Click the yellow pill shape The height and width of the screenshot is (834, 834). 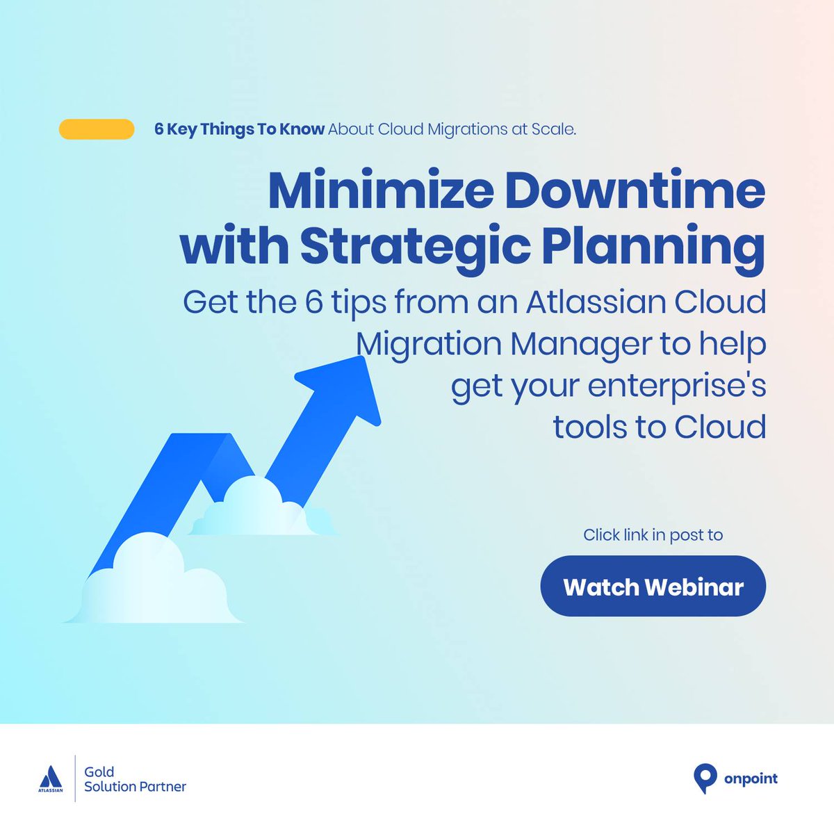97,129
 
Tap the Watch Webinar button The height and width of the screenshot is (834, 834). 653,586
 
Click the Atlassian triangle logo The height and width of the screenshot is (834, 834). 50,777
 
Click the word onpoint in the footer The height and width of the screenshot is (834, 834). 751,778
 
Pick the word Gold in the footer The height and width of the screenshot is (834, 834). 99,771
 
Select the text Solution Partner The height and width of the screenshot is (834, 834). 135,787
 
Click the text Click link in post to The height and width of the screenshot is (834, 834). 653,534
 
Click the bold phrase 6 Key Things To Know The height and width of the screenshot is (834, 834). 239,129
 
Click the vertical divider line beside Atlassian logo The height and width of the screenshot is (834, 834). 75,778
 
